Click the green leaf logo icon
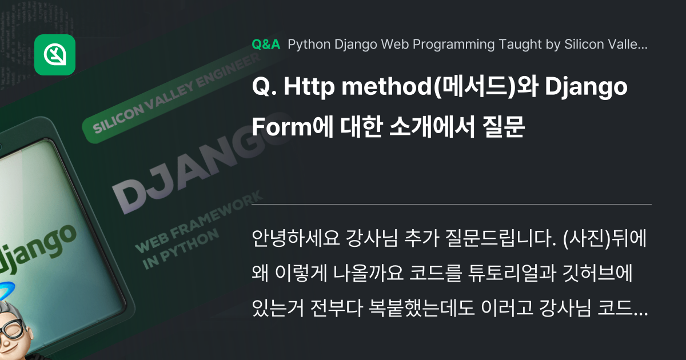(55, 55)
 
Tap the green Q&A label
(265, 45)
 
